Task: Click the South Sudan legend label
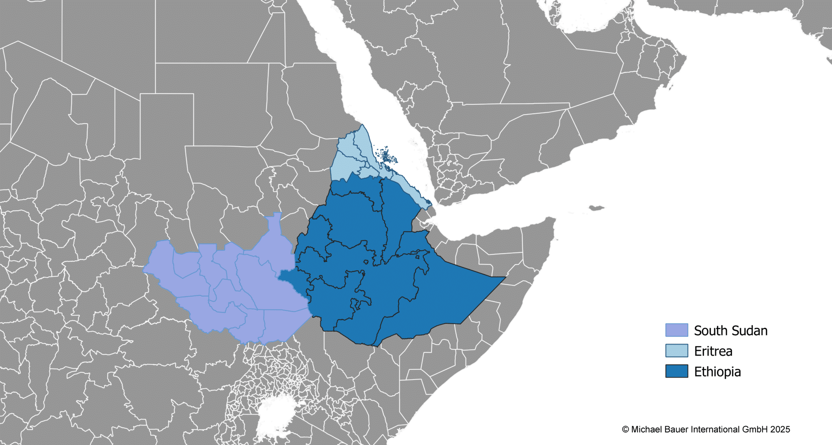tap(730, 330)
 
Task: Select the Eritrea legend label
tap(713, 351)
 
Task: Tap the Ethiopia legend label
tap(717, 372)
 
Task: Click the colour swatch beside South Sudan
tap(676, 330)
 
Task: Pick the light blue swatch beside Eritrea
tap(676, 351)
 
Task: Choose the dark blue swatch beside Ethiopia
tap(676, 371)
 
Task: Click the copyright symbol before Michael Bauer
tap(625, 430)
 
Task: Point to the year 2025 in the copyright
tap(780, 430)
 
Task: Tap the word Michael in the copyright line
tap(646, 430)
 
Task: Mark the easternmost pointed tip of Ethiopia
tap(505, 277)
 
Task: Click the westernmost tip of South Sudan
tap(144, 269)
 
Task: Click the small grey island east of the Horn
tap(596, 208)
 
